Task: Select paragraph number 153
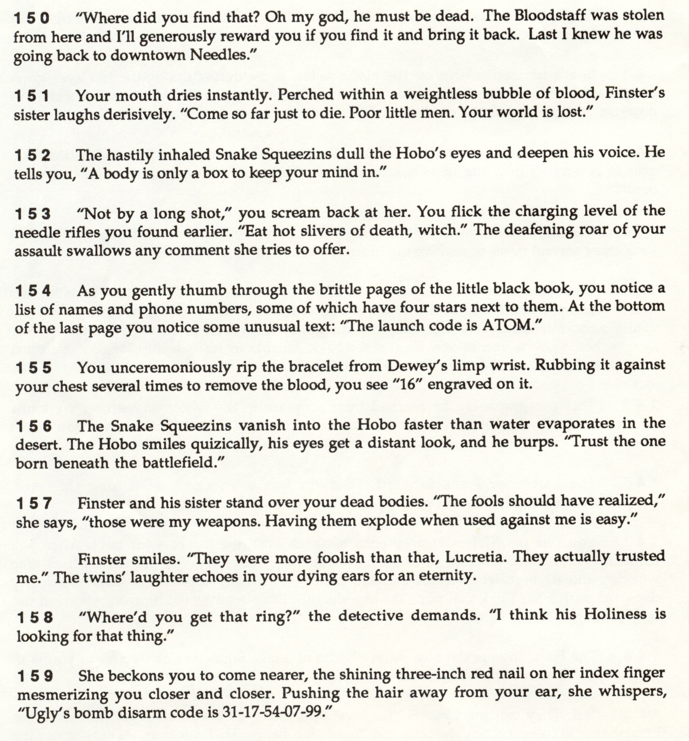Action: click(33, 214)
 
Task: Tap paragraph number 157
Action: click(34, 504)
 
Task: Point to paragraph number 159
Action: click(36, 676)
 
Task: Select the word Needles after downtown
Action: click(218, 55)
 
